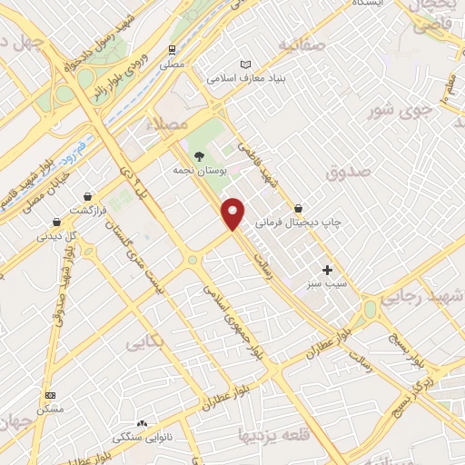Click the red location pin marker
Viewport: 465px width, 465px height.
tap(234, 212)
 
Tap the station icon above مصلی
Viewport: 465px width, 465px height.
tap(172, 50)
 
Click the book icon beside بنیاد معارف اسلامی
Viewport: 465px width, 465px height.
tap(243, 64)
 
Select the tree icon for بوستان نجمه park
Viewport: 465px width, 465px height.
tap(200, 154)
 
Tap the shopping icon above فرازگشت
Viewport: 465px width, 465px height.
tap(87, 195)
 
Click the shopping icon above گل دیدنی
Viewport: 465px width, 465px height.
tap(57, 221)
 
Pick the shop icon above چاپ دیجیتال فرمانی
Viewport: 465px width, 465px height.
tap(298, 208)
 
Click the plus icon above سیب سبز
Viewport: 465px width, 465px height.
tap(328, 270)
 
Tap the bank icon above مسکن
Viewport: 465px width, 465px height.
tap(50, 396)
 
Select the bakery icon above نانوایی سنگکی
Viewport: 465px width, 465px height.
tap(142, 423)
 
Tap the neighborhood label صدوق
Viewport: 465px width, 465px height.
tap(348, 171)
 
